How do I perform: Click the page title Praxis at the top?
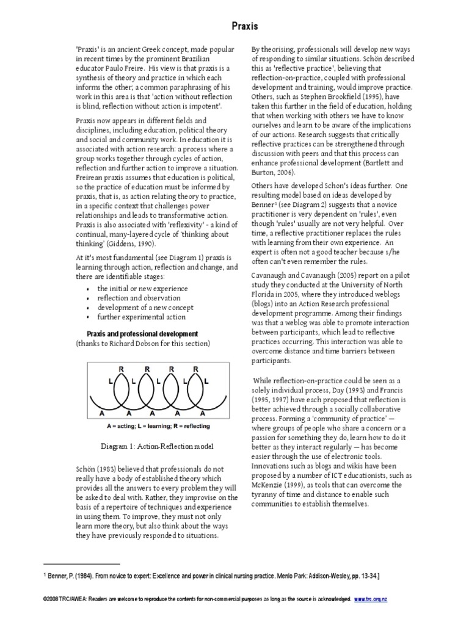coord(244,26)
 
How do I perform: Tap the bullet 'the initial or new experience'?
coord(142,288)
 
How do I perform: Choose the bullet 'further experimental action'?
coord(140,317)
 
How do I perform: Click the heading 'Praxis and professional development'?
coord(142,334)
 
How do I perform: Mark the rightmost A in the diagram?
coord(201,412)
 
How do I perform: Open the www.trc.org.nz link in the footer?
coord(370,599)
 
